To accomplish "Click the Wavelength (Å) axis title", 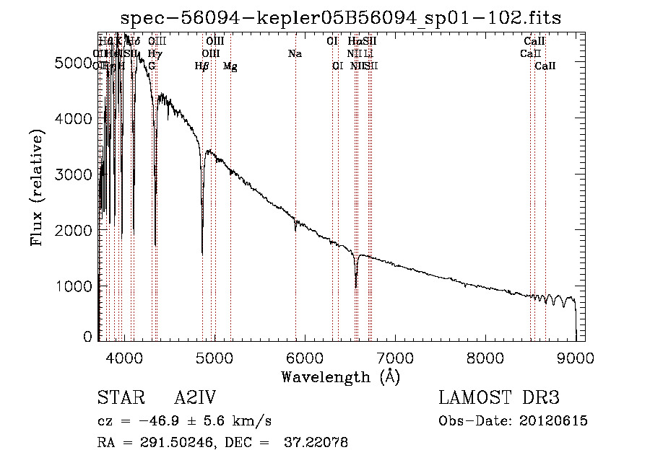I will [340, 376].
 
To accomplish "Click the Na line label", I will [295, 53].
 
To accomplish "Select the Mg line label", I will [230, 66].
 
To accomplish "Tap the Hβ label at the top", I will [202, 66].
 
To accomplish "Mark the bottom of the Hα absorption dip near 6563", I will [356, 287].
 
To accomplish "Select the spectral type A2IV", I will [195, 399].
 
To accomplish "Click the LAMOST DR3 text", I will [499, 399].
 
